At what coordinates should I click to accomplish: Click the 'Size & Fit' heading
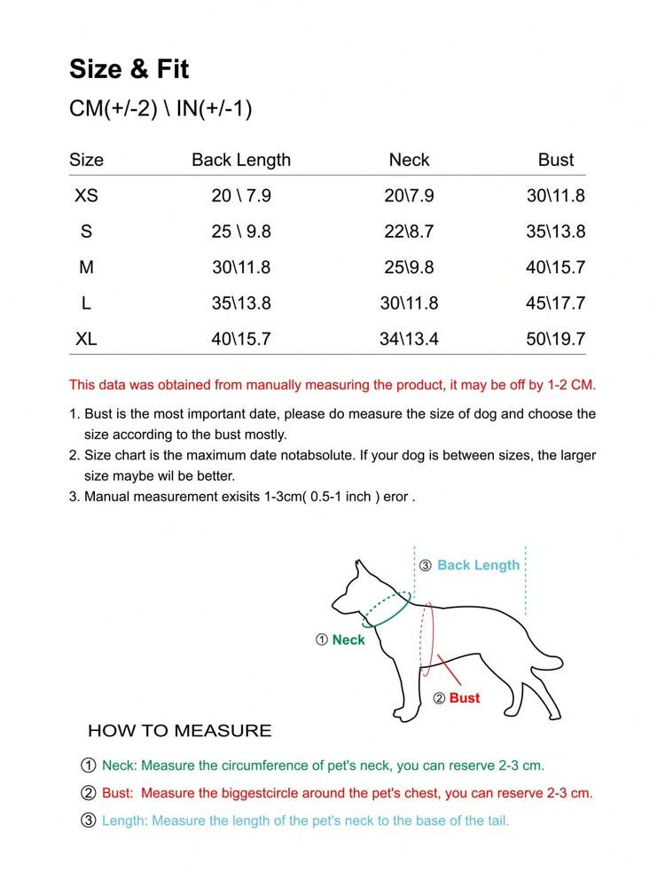129,69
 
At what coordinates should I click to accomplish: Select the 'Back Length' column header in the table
241,161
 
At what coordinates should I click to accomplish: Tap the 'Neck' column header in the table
409,161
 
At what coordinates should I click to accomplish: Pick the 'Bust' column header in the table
556,161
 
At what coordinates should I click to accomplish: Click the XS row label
86,196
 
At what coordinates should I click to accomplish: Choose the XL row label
86,339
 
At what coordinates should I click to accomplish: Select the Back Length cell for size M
241,267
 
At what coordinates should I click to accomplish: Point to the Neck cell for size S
409,232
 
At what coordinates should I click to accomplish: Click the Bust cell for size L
556,303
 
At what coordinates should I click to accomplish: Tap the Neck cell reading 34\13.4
409,339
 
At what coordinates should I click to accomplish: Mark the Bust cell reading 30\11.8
556,196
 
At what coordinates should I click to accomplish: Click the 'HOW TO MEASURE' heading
179,731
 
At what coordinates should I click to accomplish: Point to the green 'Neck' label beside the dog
348,640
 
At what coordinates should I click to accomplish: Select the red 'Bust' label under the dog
465,698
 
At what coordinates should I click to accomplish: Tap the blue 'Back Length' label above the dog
478,565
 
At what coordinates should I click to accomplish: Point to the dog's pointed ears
360,568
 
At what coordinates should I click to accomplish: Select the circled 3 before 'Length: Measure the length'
89,820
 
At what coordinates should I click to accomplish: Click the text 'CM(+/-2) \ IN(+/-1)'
160,109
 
